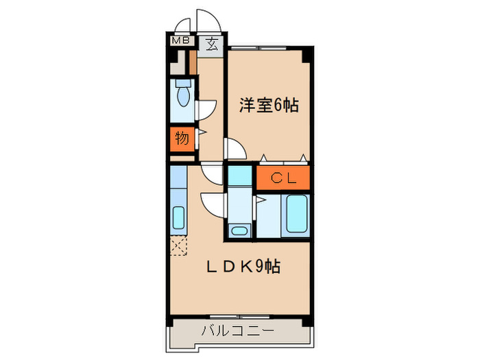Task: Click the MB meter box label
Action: pos(180,40)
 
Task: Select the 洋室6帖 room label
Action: pos(268,106)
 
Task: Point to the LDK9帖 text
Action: pos(243,266)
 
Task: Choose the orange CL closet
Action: pos(283,178)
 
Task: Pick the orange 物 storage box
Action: pos(182,138)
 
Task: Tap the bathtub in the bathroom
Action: pos(296,214)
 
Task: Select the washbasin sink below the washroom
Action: pos(239,230)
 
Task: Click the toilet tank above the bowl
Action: pos(182,84)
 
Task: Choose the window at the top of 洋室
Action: pos(268,47)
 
